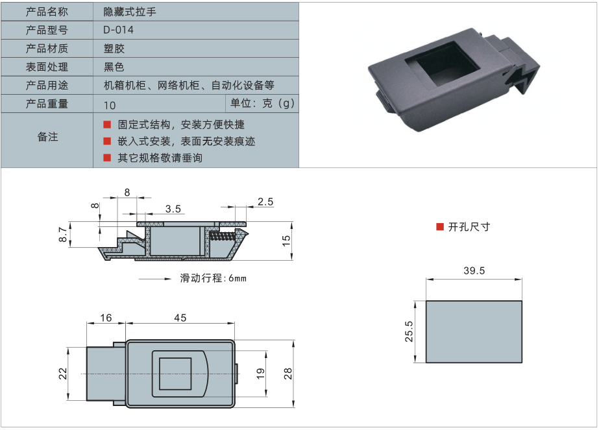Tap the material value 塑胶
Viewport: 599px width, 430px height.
[114, 49]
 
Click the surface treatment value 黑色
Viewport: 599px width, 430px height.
[114, 67]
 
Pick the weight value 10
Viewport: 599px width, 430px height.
[109, 104]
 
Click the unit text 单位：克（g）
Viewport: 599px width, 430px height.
[262, 103]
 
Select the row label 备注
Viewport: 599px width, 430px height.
[47, 137]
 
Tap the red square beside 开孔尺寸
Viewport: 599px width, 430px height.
[439, 226]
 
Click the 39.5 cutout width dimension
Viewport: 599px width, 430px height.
[474, 271]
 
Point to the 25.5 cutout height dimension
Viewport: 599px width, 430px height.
[409, 331]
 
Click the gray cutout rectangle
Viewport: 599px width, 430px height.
[474, 331]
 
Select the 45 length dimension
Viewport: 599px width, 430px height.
[180, 318]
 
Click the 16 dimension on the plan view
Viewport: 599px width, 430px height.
[106, 318]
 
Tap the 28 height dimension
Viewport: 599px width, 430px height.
[287, 374]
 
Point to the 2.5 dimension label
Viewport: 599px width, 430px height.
[265, 202]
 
